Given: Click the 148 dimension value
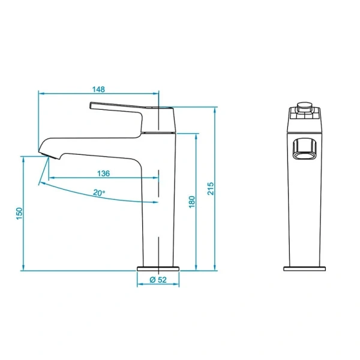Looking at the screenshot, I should click(99, 89).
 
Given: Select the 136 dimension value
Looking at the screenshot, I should click(103, 173).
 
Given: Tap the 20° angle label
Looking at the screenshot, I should click(99, 193).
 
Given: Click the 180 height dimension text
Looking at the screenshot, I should click(192, 202).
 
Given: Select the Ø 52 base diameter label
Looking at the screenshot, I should click(158, 280).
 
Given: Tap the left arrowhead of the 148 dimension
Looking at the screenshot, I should click(41, 94).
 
